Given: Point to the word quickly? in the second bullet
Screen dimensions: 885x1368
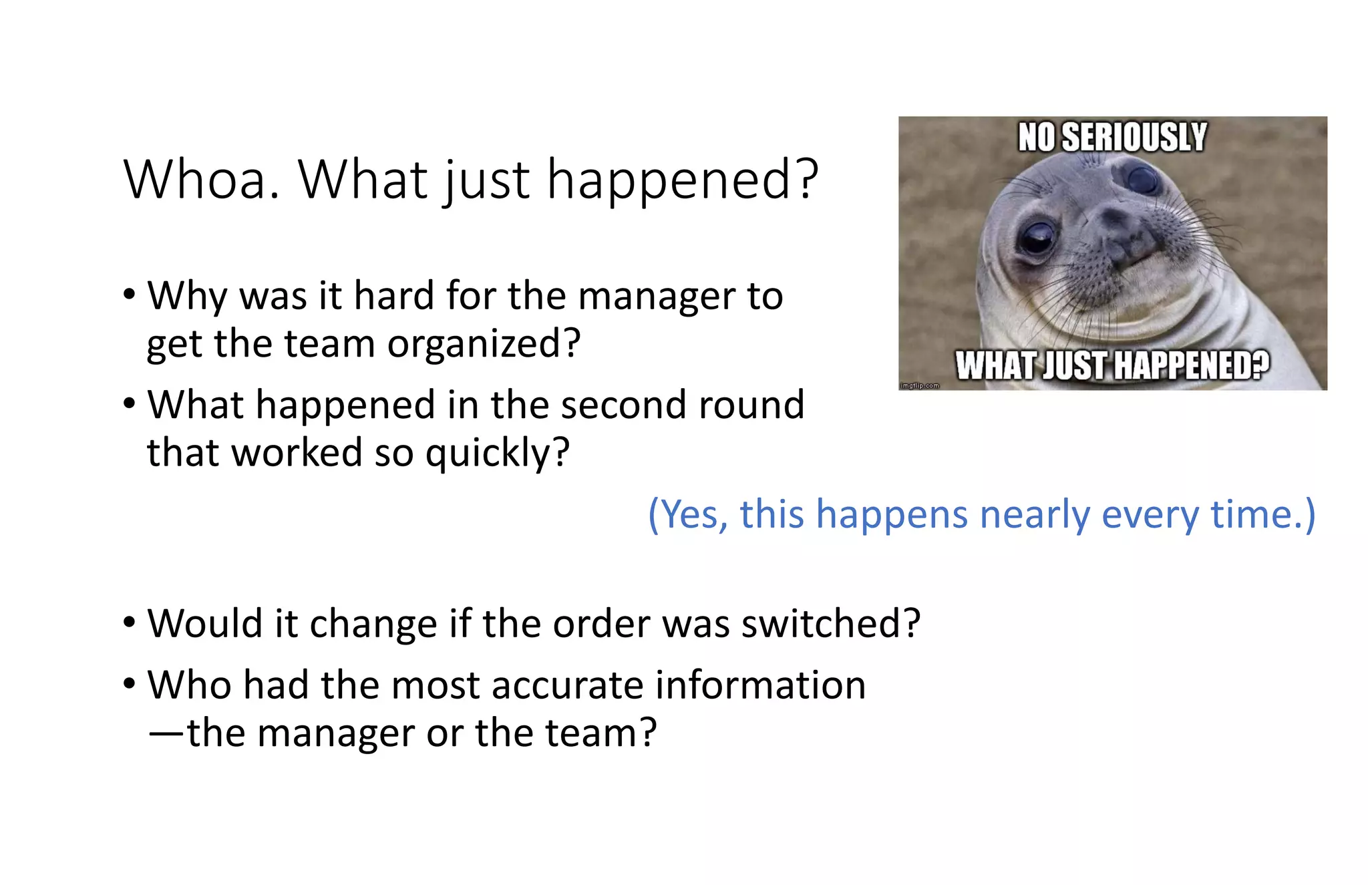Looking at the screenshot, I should pos(498,453).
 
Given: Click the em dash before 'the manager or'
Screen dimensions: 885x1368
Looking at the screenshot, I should pos(165,733).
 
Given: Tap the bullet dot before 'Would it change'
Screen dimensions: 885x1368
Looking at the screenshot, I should pos(130,623).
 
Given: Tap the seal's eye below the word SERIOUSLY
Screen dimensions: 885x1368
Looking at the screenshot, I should pos(1142,178).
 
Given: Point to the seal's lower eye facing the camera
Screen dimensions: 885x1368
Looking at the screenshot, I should pos(1036,237).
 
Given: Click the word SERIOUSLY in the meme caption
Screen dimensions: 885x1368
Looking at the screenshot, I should pos(1134,137).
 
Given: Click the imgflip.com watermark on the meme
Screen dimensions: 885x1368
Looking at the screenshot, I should pos(920,385).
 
